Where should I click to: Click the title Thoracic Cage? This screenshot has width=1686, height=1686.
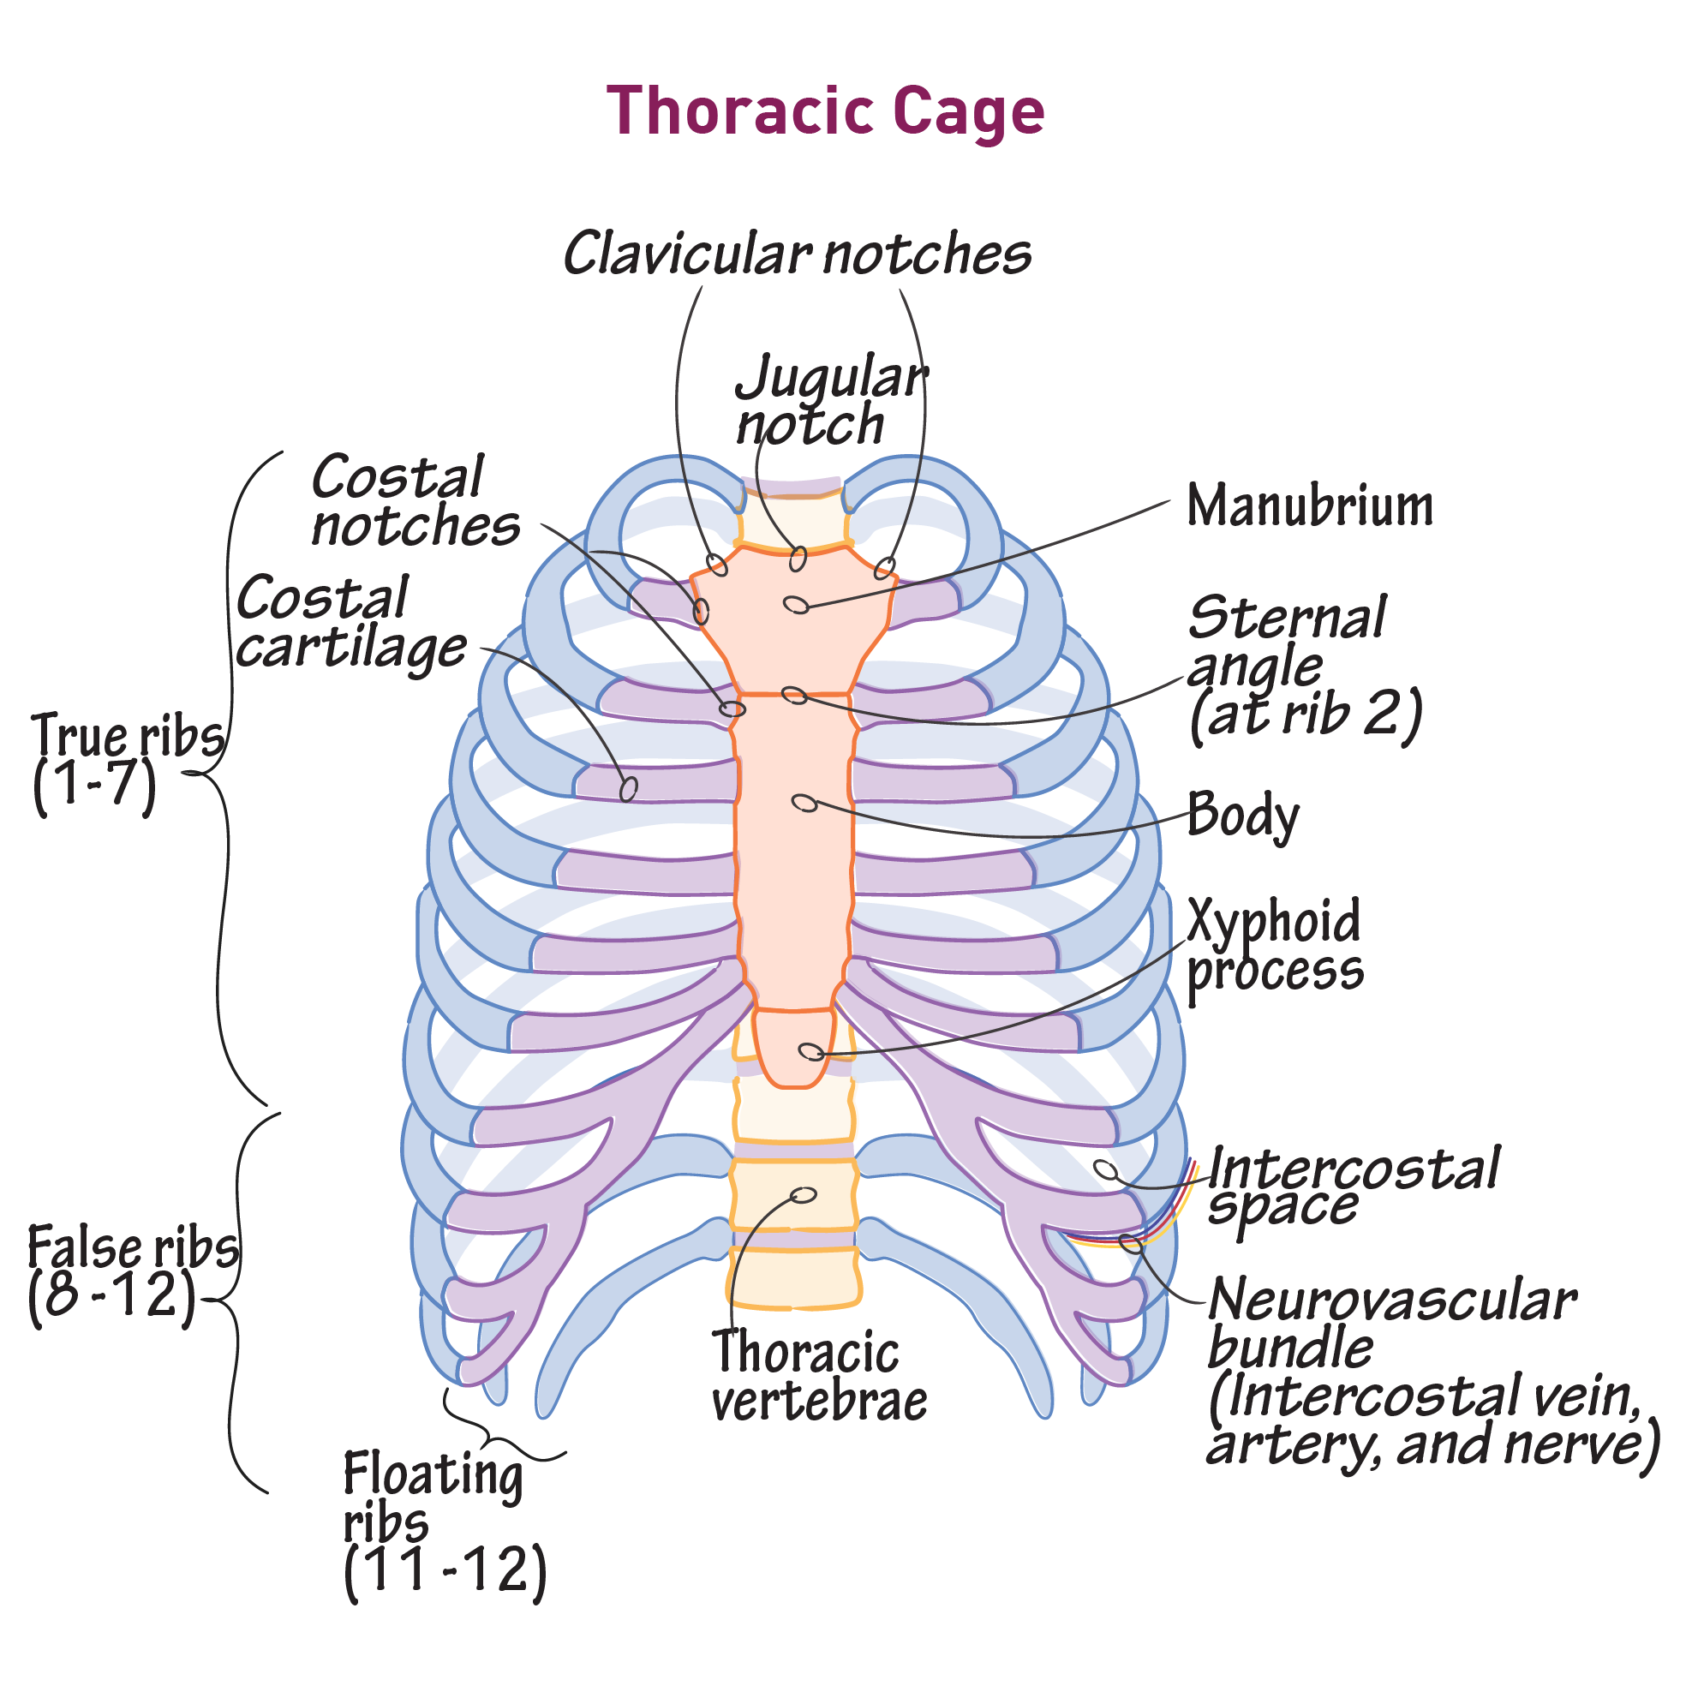coord(825,111)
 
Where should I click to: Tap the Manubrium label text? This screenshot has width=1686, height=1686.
coord(1309,506)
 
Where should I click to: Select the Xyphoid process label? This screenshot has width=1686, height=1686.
coord(1274,946)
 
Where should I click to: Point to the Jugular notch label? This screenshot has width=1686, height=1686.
coord(829,402)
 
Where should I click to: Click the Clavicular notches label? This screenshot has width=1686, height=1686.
coord(798,254)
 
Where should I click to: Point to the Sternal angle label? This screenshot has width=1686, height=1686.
coord(1305,667)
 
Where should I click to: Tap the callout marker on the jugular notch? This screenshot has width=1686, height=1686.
coord(798,559)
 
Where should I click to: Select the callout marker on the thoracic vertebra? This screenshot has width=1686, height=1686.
coord(803,1195)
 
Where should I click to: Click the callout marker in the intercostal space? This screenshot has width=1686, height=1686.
coord(1105,1169)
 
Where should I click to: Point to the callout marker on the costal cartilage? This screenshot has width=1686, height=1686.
coord(628,789)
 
